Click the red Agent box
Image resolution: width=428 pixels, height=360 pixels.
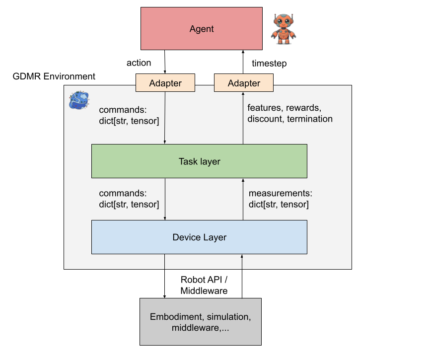tap(202, 29)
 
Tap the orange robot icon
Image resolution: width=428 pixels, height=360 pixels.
tap(284, 29)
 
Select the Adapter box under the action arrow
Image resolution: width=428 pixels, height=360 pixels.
tap(165, 83)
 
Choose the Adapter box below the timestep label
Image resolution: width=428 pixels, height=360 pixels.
tap(244, 83)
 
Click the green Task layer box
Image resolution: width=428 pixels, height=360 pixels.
tap(199, 161)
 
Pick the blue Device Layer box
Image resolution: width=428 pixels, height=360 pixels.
tap(199, 237)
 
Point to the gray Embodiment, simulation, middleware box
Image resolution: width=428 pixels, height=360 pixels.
tap(201, 322)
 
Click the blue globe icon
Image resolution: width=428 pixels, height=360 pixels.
tap(79, 100)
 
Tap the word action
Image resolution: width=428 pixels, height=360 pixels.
tap(139, 63)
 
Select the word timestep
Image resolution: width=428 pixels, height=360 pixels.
tap(269, 64)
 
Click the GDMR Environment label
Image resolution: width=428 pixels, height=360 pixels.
tap(54, 76)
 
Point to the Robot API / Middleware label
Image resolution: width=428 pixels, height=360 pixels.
tap(204, 285)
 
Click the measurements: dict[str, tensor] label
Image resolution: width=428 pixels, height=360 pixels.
tap(281, 199)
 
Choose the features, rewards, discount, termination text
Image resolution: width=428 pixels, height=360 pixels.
tap(290, 113)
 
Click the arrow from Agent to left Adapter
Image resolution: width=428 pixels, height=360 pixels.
tap(165, 62)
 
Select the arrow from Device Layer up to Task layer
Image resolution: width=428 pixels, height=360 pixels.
tap(243, 199)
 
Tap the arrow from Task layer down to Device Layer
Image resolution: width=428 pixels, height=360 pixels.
tap(165, 199)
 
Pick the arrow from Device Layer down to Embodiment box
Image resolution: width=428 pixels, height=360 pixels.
tap(164, 276)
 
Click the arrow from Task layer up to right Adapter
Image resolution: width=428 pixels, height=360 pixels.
tap(243, 118)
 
